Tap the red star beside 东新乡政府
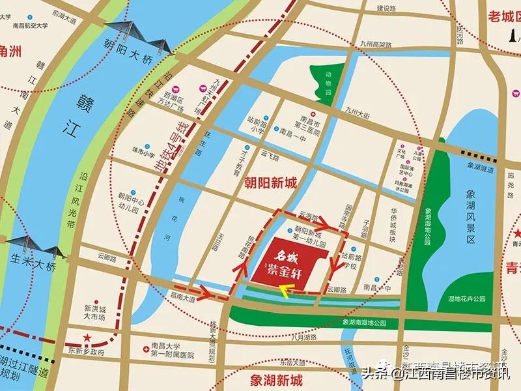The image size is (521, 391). click(x=87, y=337)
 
